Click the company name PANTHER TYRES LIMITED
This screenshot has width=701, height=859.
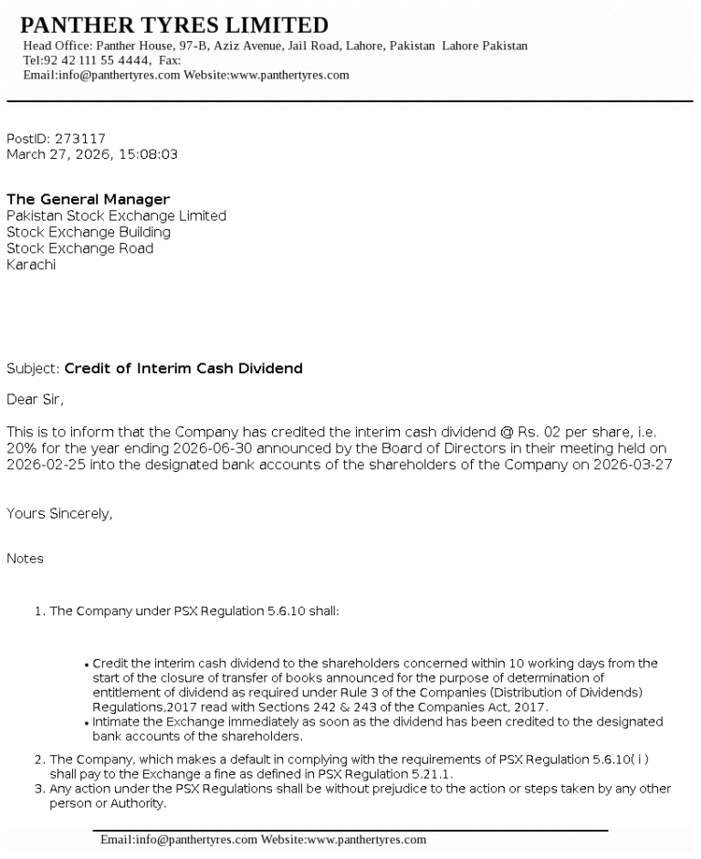click(174, 25)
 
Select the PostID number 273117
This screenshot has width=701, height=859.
click(80, 139)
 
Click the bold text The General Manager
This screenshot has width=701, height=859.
click(88, 199)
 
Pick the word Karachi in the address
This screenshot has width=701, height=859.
click(31, 265)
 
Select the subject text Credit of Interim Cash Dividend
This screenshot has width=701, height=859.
click(183, 369)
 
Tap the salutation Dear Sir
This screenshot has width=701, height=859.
click(35, 399)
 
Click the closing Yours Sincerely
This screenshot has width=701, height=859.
click(59, 514)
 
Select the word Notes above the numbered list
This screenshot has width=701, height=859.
click(25, 558)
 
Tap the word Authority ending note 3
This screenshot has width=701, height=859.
click(139, 804)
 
